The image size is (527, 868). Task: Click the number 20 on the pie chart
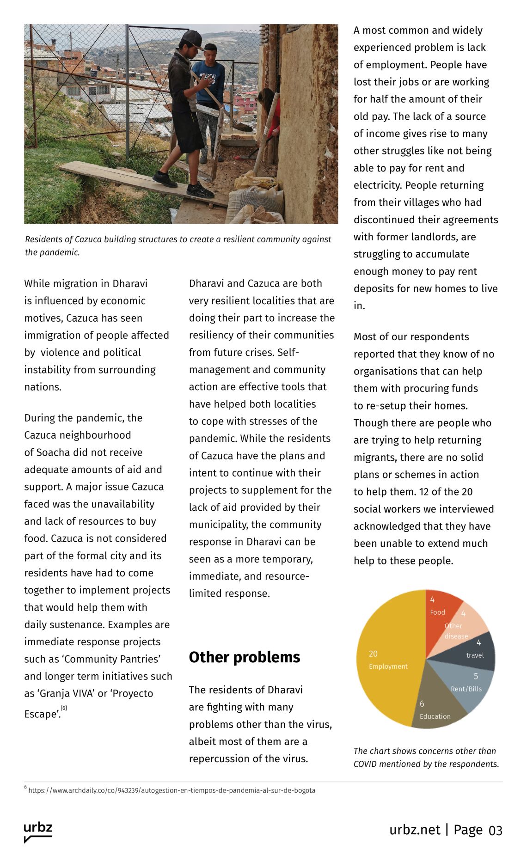[x=373, y=654]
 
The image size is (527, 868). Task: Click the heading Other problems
[x=244, y=657]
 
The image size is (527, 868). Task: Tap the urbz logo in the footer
[x=38, y=831]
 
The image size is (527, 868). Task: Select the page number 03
[x=495, y=831]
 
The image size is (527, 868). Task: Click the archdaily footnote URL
[x=172, y=790]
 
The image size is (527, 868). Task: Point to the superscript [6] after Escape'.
[x=64, y=708]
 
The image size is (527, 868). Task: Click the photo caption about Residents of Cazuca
[x=178, y=245]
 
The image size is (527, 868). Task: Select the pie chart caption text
[x=426, y=758]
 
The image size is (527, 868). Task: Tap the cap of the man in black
[x=192, y=38]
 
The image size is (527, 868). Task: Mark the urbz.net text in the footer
[x=415, y=830]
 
